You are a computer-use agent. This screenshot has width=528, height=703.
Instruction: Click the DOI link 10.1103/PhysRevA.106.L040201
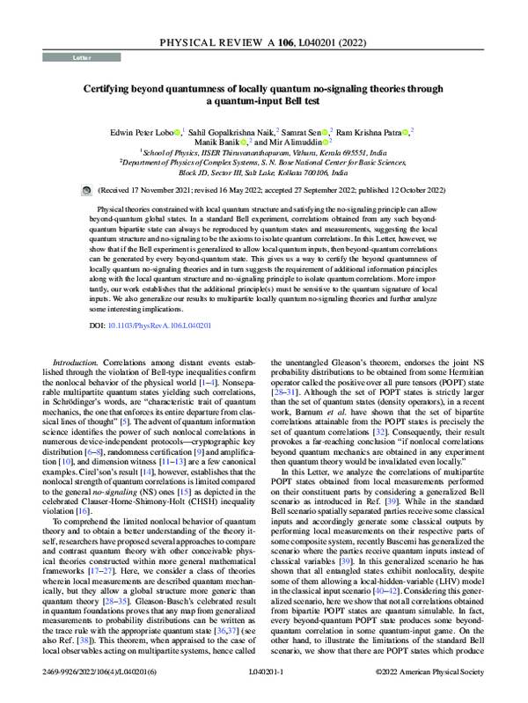(165, 325)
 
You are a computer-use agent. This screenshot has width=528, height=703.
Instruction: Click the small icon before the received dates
(85, 188)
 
